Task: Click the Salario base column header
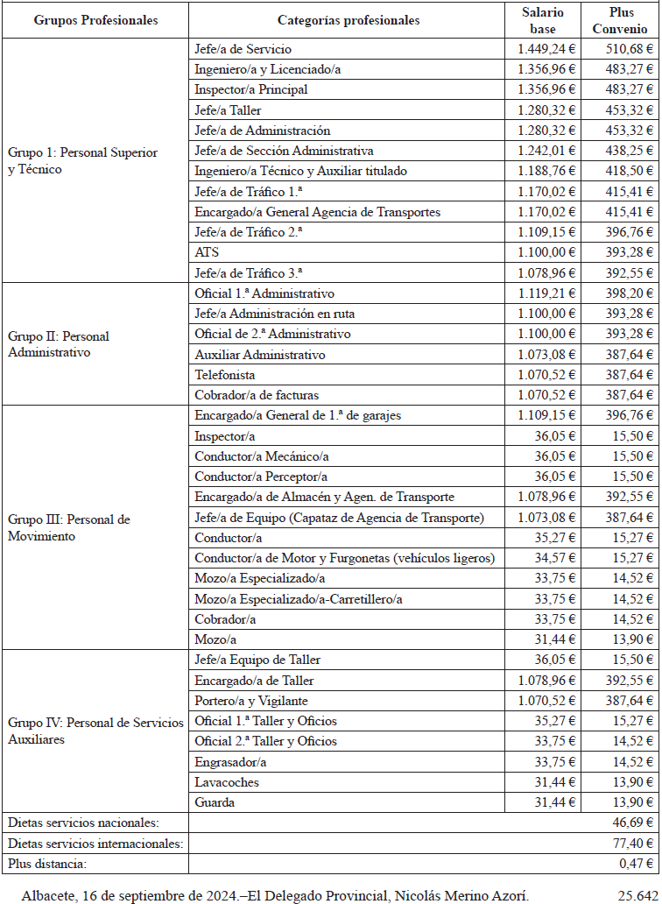point(543,20)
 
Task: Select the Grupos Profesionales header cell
point(95,20)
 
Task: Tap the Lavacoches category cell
point(227,782)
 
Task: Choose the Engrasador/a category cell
point(230,762)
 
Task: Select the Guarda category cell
point(215,802)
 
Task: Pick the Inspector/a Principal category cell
point(251,89)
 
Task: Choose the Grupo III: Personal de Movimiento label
point(69,527)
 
